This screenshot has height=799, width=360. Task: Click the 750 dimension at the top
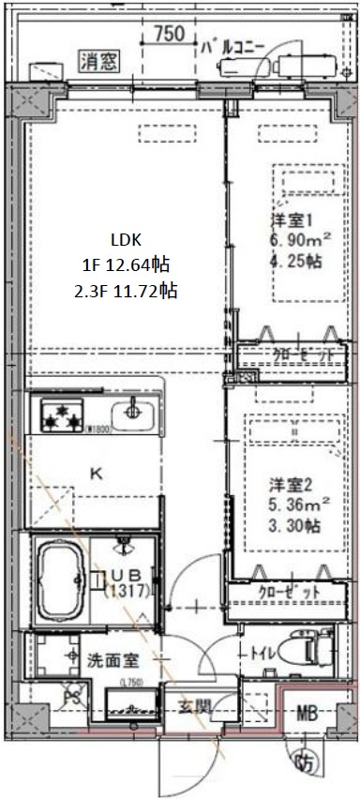tap(169, 34)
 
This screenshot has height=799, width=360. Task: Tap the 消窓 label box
tap(97, 63)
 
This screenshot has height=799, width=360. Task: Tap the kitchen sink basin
tap(132, 412)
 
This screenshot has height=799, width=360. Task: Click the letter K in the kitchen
tap(96, 474)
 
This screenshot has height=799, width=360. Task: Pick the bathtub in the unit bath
tap(60, 581)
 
